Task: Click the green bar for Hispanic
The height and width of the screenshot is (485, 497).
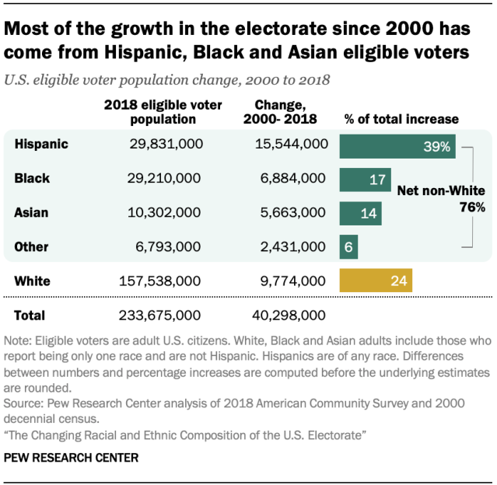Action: [397, 145]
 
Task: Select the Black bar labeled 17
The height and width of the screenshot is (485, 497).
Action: [365, 179]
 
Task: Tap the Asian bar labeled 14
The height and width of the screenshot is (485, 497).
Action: [360, 213]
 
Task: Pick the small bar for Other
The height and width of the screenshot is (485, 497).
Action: [348, 247]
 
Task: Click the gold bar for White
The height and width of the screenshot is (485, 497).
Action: [376, 281]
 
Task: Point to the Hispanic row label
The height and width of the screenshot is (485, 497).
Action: [41, 144]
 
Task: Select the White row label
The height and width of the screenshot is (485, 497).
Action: [32, 281]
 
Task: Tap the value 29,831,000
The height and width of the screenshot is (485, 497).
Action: [165, 145]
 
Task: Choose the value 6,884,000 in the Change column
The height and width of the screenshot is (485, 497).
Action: [290, 179]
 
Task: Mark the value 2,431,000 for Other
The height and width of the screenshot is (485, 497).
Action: [290, 247]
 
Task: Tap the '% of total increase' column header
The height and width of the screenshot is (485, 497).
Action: [401, 119]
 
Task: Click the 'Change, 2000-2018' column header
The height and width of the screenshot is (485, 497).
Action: [287, 113]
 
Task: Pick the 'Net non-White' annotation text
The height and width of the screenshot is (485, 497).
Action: [441, 190]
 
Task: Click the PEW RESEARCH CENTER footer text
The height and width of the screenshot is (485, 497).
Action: [71, 458]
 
